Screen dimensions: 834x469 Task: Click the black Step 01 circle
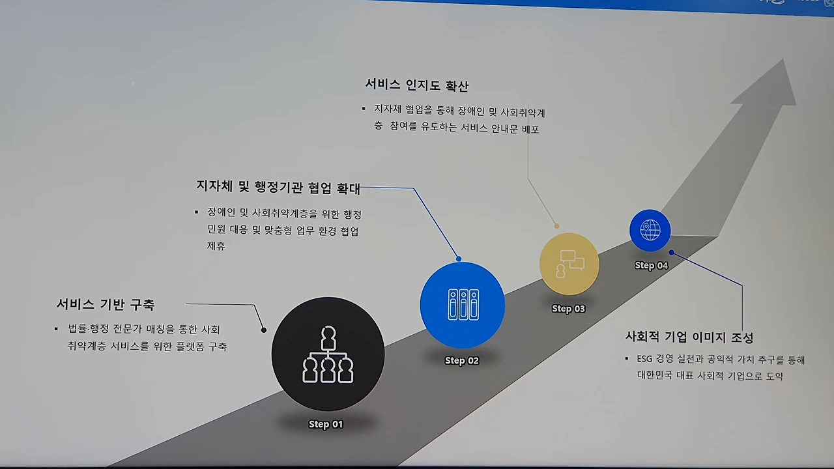point(328,354)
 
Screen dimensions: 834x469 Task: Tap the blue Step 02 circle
point(462,305)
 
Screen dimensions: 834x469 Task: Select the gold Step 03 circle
point(569,264)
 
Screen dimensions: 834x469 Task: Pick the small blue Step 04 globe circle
point(650,230)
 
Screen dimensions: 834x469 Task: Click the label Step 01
point(325,424)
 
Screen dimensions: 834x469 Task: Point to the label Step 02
point(461,360)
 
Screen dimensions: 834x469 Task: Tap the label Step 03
point(568,309)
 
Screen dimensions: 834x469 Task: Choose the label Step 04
point(651,265)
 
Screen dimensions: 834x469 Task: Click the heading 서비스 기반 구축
point(106,304)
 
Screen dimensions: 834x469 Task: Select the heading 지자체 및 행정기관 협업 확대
point(278,188)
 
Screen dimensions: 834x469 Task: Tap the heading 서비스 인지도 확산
point(416,85)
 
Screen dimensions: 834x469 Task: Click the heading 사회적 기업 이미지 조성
point(689,337)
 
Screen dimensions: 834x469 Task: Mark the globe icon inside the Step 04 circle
point(650,230)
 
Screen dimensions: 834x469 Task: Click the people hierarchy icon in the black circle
point(328,356)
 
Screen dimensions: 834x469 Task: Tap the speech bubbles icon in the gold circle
point(569,264)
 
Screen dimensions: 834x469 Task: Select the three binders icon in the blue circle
point(463,305)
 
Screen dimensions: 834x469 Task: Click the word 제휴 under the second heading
point(216,246)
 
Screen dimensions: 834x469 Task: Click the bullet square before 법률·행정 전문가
point(56,329)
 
